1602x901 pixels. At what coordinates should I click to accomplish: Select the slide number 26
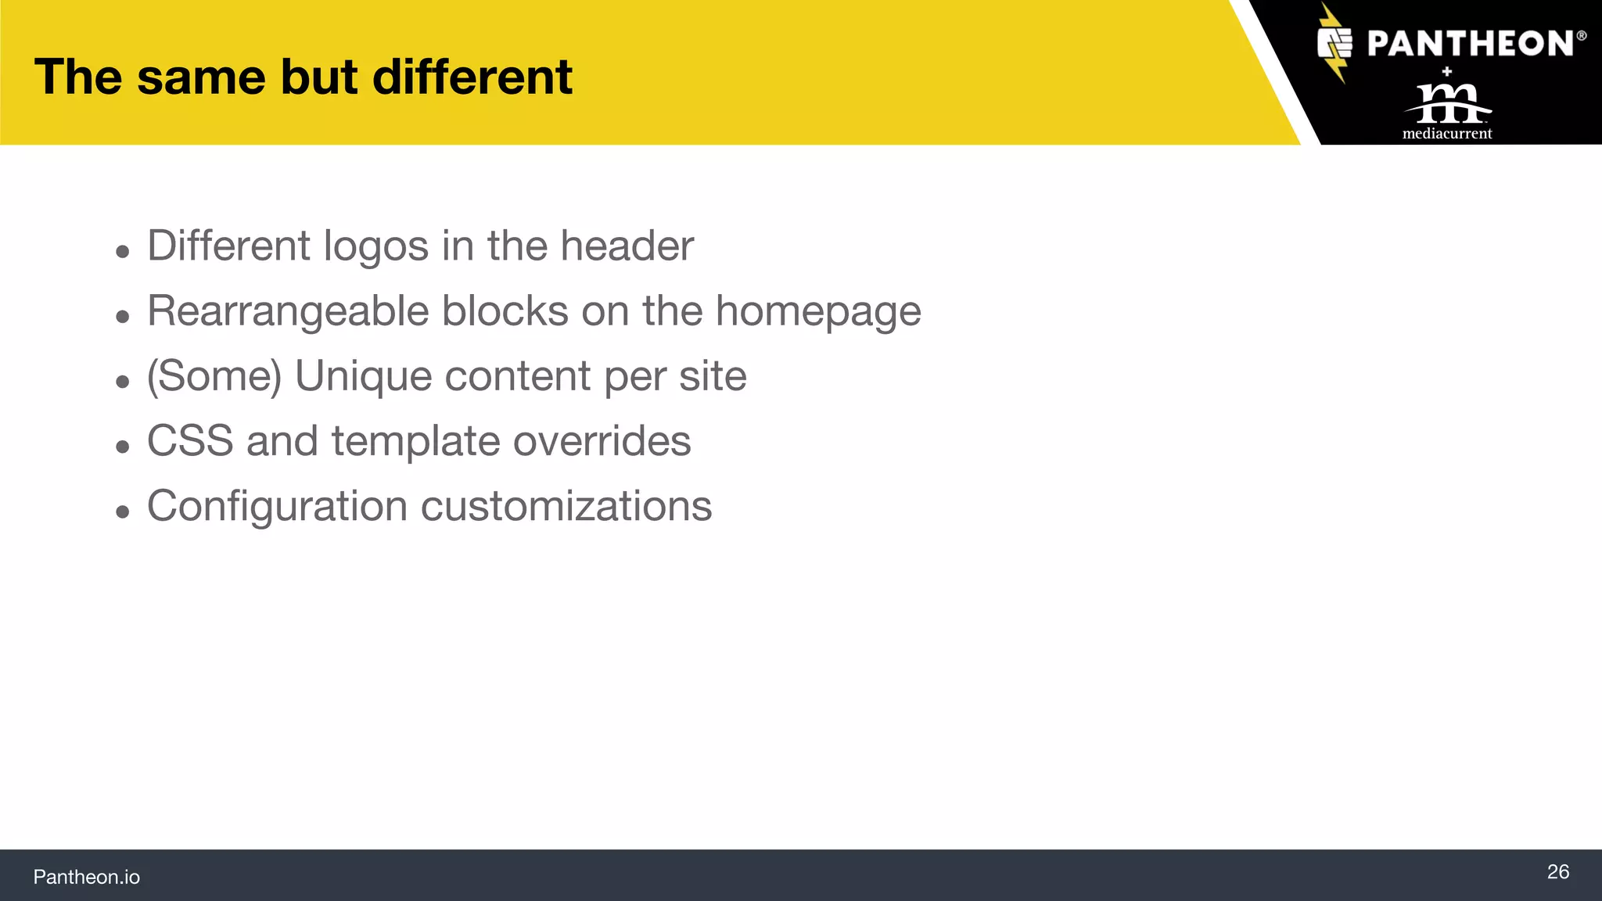point(1557,871)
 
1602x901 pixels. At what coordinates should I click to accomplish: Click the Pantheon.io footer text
point(86,877)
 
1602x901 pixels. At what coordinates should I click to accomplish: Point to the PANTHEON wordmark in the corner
point(1471,44)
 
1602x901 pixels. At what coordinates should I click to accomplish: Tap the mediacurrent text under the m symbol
point(1447,134)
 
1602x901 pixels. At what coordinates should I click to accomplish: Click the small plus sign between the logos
point(1447,71)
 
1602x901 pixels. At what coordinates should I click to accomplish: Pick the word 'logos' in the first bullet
point(375,246)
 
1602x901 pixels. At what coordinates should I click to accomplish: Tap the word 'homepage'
point(818,311)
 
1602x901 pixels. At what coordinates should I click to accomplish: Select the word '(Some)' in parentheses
point(214,376)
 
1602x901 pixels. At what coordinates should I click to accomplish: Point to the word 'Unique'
point(363,376)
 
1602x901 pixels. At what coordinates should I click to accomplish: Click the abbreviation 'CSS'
point(190,441)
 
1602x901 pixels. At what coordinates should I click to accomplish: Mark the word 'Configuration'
point(277,506)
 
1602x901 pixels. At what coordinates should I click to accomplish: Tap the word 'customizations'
point(566,506)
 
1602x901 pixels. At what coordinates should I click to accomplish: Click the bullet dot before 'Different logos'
point(122,252)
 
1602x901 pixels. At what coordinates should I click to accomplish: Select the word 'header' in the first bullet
point(627,246)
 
